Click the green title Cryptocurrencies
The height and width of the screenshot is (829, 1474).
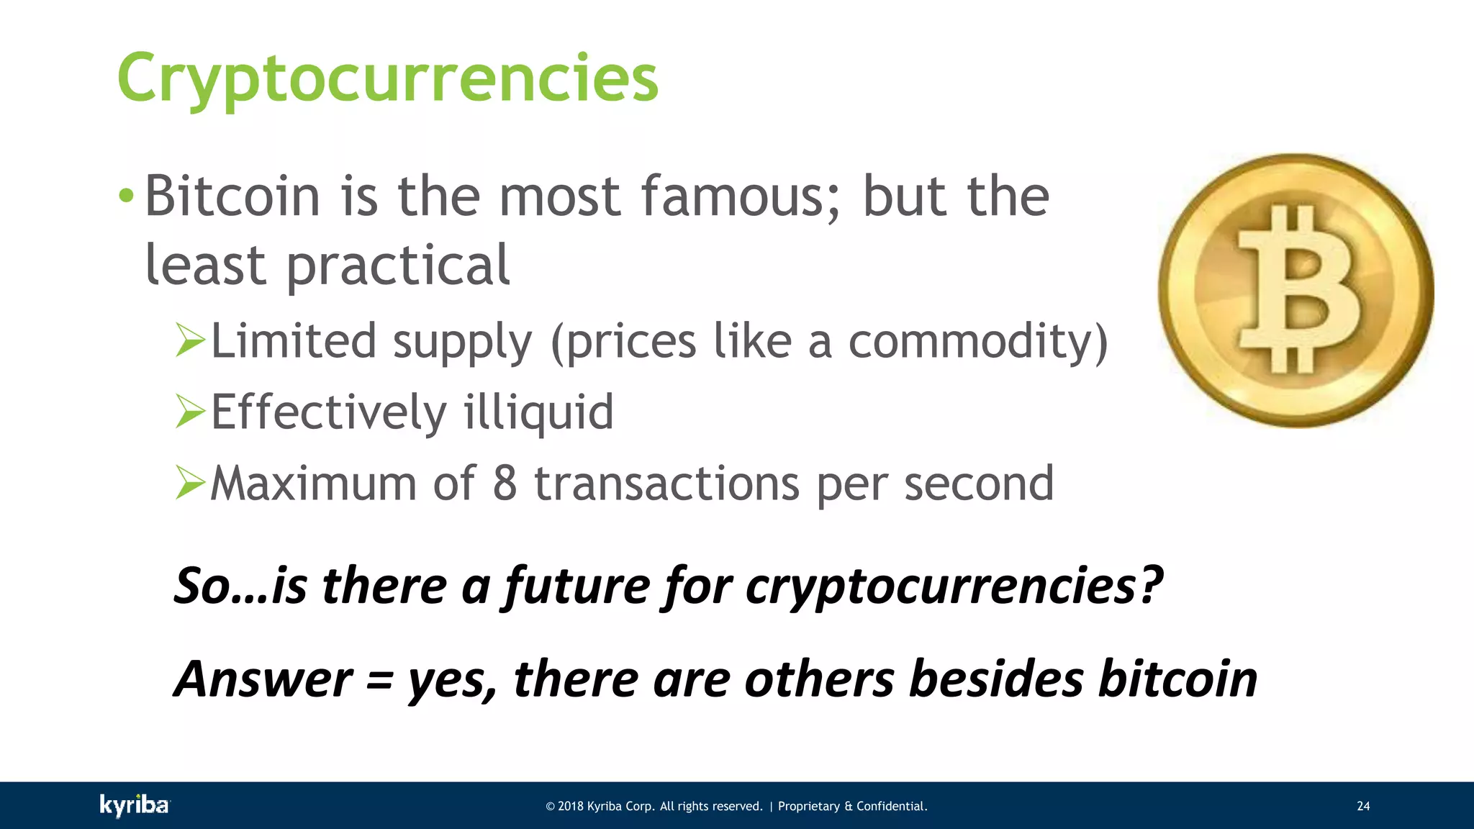[x=387, y=78]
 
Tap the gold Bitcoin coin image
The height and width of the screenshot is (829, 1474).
[x=1296, y=290]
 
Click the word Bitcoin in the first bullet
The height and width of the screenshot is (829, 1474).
[x=232, y=196]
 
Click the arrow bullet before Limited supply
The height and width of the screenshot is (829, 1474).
[x=190, y=340]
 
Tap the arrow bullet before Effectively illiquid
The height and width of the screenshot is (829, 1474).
[x=190, y=412]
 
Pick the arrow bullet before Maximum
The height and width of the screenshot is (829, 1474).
[x=190, y=483]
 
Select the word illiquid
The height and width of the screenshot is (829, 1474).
[x=538, y=413]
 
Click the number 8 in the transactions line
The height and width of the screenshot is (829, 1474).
[x=505, y=483]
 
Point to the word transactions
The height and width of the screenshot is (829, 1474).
[x=666, y=483]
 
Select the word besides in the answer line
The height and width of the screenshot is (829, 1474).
[x=995, y=679]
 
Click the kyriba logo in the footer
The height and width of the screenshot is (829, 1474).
[x=135, y=805]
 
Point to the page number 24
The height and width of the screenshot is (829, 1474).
[x=1363, y=806]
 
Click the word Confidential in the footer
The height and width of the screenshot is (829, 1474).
[x=891, y=806]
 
